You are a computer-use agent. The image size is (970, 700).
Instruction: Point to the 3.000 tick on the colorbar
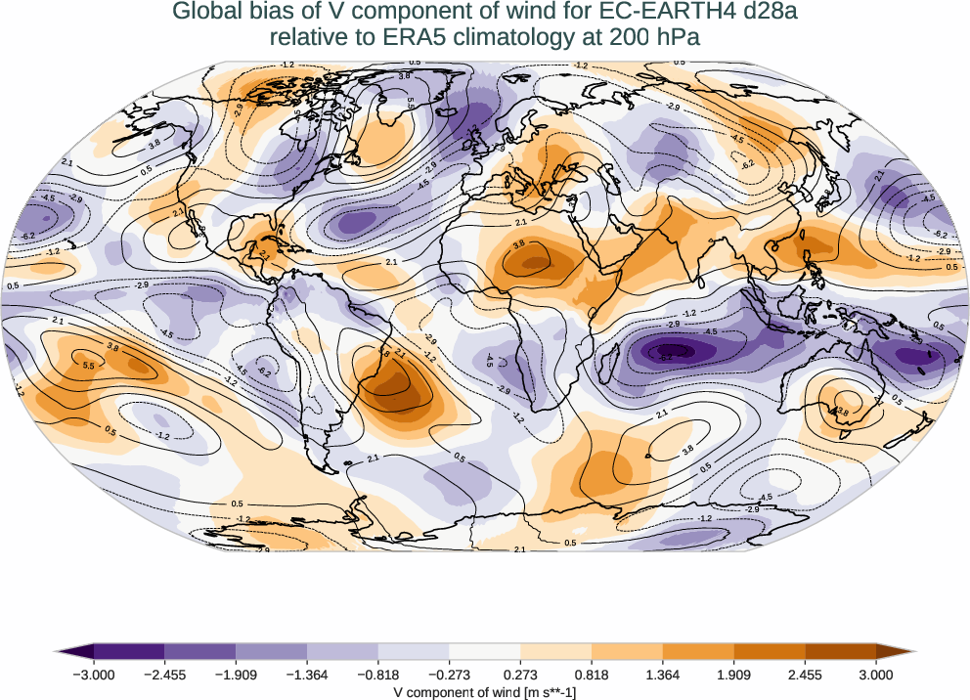coord(876,674)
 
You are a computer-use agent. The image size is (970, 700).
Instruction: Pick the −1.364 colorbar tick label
coord(307,674)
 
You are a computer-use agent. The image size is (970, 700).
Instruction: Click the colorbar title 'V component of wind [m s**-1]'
coord(484,690)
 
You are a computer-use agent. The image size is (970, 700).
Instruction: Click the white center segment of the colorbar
coord(484,650)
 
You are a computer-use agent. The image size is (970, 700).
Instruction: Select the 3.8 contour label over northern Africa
coord(519,244)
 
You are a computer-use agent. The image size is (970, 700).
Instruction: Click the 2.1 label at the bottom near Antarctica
coord(519,549)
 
